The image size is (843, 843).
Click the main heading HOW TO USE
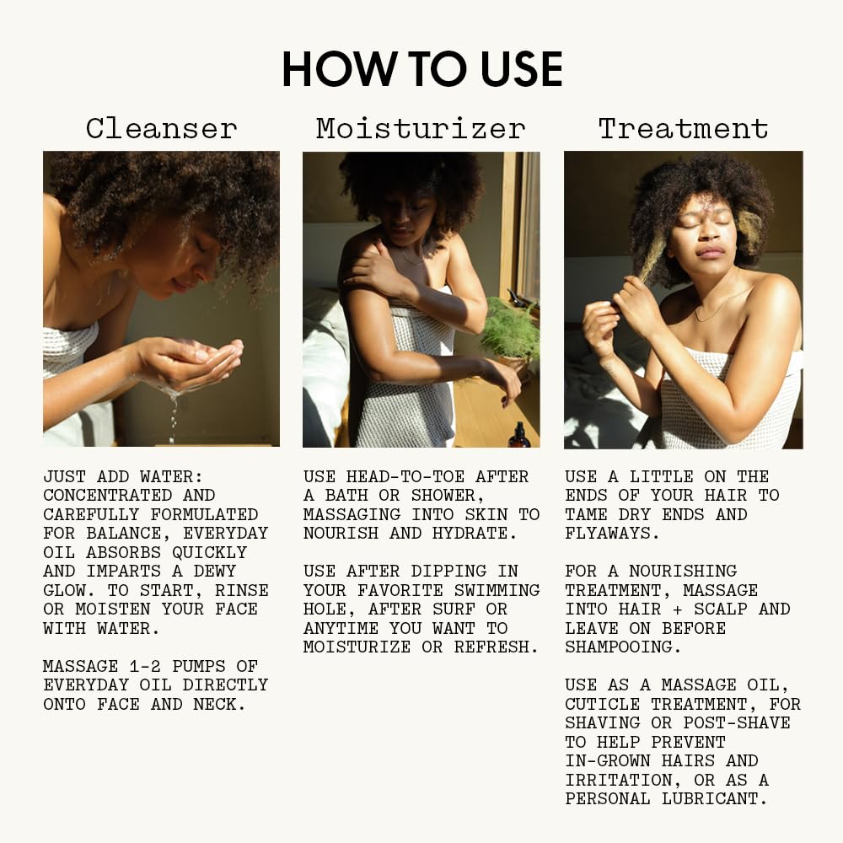[422, 69]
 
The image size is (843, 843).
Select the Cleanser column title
[161, 129]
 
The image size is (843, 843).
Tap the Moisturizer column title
[421, 129]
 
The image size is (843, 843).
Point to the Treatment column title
[684, 129]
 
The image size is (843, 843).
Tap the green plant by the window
[510, 329]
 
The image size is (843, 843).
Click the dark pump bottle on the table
[519, 436]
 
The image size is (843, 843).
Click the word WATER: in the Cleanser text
[171, 477]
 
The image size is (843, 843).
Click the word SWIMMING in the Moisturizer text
[497, 590]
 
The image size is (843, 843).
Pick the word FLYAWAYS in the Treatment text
[611, 534]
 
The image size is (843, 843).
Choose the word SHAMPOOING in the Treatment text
[623, 647]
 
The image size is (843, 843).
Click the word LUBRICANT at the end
[714, 799]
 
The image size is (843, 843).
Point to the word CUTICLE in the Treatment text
[602, 704]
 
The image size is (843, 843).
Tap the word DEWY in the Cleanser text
[214, 571]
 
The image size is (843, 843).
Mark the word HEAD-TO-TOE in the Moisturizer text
[405, 477]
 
